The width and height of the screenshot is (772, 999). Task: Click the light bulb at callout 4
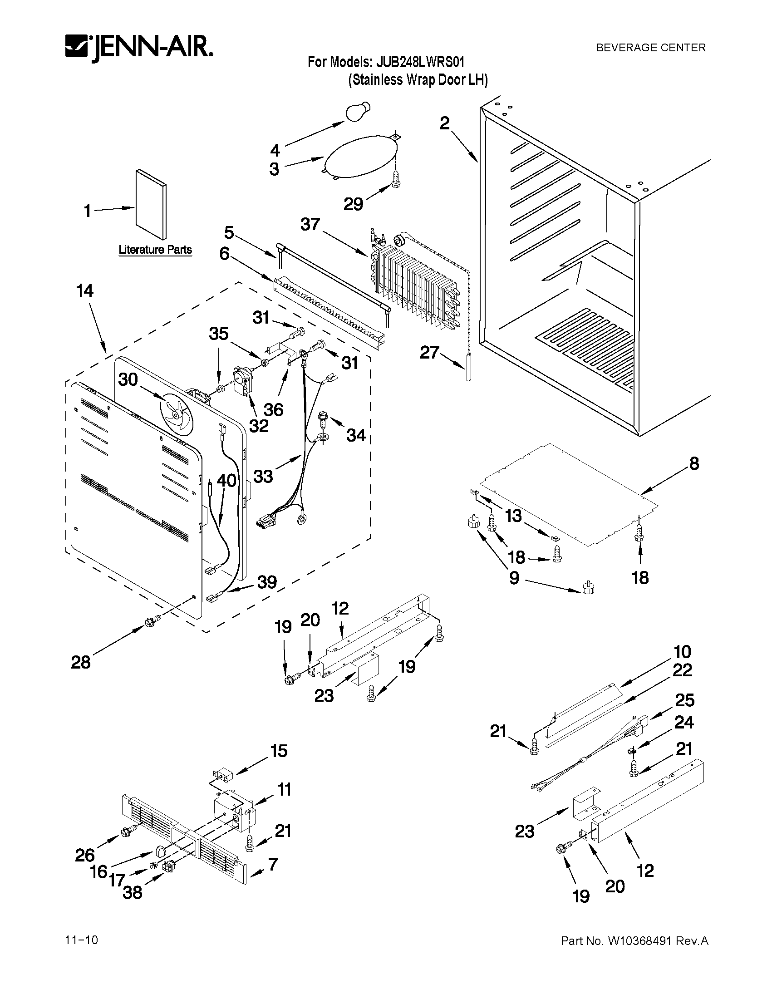click(359, 112)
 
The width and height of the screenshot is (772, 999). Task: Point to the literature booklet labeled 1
click(151, 204)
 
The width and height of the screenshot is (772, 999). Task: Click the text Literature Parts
click(155, 250)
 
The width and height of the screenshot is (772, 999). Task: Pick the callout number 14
click(85, 290)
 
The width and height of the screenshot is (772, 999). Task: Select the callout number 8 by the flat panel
click(694, 463)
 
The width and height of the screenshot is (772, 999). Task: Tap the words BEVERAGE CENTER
click(650, 48)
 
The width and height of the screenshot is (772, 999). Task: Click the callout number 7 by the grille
click(273, 864)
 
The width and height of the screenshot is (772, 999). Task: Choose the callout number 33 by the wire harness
click(263, 477)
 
